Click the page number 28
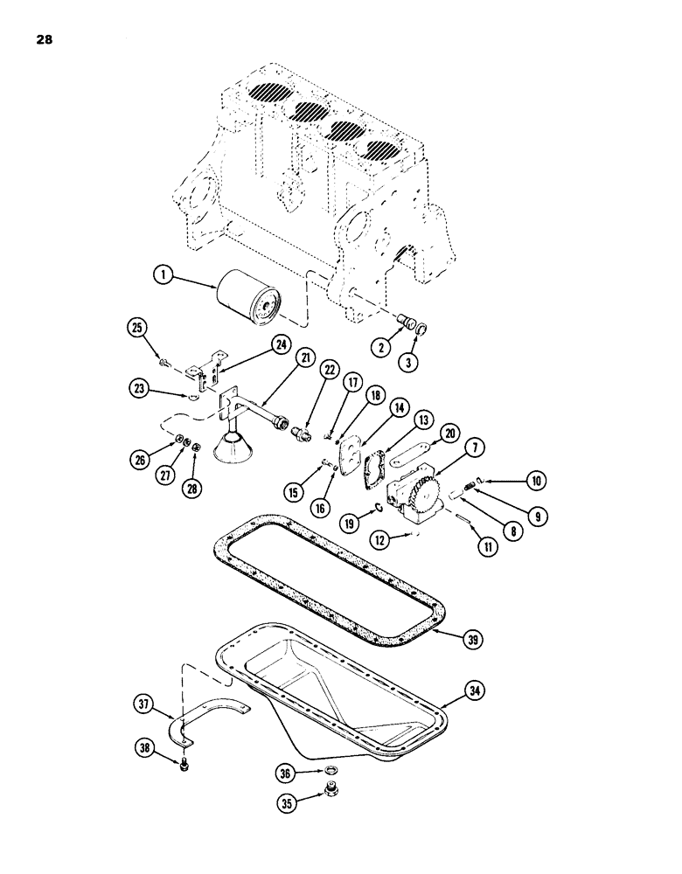(45, 38)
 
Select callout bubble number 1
(161, 275)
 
